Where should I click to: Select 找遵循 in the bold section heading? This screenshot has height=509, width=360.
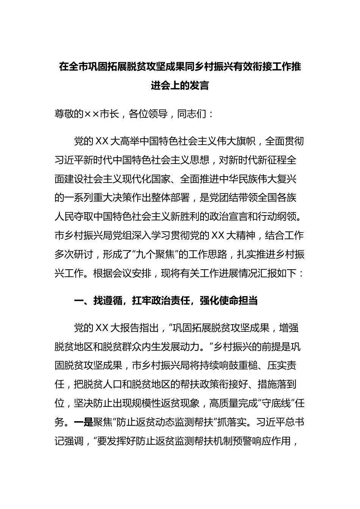[x=108, y=301]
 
